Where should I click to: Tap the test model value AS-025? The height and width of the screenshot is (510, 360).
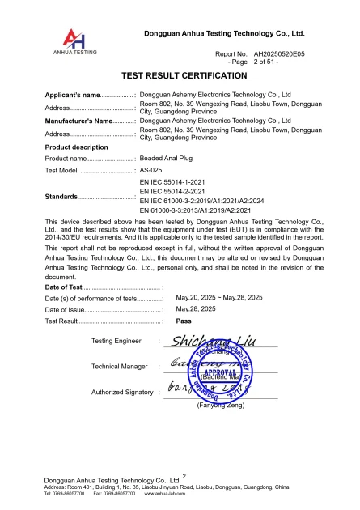151,172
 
